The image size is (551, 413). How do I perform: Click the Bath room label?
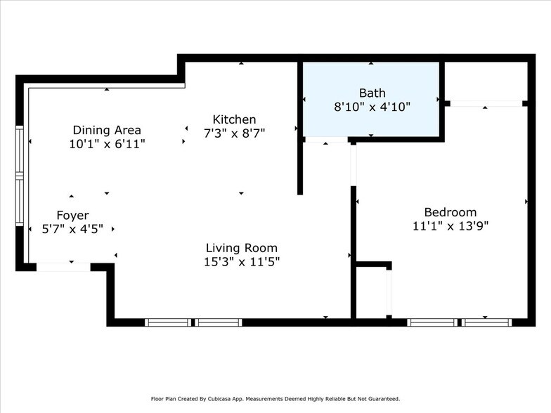point(372,93)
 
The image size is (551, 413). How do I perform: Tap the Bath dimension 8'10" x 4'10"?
point(372,107)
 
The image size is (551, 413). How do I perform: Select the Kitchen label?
point(234,119)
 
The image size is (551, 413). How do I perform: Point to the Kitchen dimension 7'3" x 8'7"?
point(234,132)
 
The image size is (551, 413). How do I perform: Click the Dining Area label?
point(107,130)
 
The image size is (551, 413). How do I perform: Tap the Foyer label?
point(72,216)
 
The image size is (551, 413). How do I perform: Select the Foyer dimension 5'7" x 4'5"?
point(72,228)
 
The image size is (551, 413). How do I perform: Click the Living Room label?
point(241,248)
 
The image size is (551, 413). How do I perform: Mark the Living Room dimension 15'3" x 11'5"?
point(241,261)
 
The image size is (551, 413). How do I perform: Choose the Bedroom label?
point(450,212)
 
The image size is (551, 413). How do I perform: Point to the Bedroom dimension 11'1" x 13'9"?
point(450,225)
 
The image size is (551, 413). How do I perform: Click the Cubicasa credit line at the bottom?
point(275,398)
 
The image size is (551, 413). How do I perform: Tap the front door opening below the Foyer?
point(63,267)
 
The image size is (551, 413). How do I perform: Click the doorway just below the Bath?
point(326,140)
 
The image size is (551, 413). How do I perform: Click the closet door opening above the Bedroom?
point(486,104)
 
